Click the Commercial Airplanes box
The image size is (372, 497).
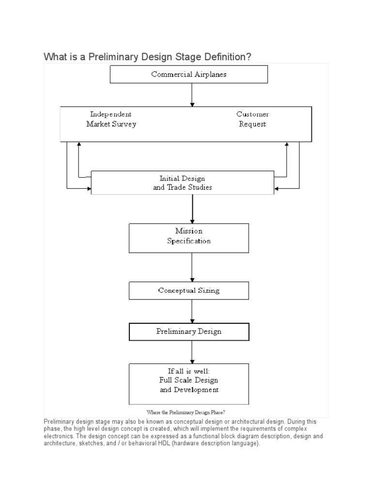[x=189, y=74]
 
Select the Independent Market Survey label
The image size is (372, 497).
[x=111, y=119]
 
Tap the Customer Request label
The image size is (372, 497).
[x=252, y=119]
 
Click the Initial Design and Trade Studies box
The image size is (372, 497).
[x=182, y=182]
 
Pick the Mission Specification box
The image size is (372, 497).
[x=188, y=236]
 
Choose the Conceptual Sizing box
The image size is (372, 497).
[x=188, y=291]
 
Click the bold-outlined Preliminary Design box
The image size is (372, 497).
[x=188, y=332]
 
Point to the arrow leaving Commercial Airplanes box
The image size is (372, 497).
[x=192, y=95]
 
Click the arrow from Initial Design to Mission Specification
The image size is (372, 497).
[x=192, y=209]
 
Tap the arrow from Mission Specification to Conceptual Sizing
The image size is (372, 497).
[x=192, y=267]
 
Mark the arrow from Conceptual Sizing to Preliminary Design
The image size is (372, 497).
[x=192, y=311]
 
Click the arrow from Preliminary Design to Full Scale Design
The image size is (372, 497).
[x=192, y=351]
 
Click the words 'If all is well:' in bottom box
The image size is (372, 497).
[x=188, y=371]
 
